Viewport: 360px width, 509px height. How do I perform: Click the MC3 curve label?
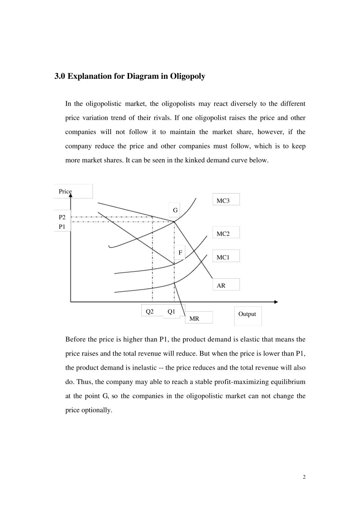223,201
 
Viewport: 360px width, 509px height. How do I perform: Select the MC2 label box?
223,234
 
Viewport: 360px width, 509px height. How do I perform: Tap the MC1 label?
223,257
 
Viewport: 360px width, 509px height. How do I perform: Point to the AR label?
221,286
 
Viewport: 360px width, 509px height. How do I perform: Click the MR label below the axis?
194,319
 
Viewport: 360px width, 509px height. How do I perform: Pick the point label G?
175,210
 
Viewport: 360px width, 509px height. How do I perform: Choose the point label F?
180,253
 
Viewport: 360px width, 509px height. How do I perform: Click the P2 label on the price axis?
62,217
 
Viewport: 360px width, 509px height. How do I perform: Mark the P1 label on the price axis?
62,226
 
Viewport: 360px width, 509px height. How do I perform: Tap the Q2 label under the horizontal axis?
150,311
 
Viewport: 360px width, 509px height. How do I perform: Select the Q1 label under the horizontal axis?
171,311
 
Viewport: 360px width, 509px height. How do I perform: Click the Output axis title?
247,314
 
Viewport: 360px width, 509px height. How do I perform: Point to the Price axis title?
65,191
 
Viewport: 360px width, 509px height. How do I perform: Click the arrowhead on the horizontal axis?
276,302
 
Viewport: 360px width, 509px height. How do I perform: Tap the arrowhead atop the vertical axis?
70,195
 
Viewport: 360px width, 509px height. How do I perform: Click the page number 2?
304,477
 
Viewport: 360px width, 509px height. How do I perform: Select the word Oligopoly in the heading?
188,76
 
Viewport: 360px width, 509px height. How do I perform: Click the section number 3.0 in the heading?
60,76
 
